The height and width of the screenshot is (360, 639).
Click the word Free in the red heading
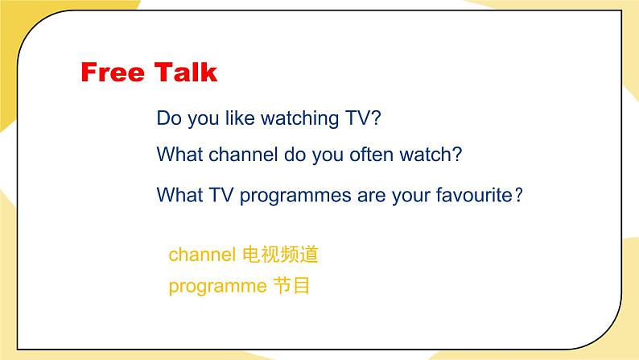(x=113, y=72)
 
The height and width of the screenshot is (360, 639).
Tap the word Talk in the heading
(x=185, y=72)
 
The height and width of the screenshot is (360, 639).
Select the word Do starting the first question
(x=169, y=118)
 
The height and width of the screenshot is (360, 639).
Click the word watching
(x=300, y=119)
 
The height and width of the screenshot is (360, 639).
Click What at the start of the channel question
(x=179, y=155)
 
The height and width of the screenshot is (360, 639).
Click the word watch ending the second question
(x=426, y=155)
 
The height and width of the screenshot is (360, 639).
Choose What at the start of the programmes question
(x=179, y=195)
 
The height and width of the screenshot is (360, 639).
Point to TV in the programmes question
(x=221, y=195)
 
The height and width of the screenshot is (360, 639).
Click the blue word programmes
(x=295, y=196)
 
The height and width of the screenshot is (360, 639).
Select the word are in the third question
(x=372, y=196)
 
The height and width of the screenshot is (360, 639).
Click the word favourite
(x=474, y=195)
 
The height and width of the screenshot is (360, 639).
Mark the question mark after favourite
(x=518, y=195)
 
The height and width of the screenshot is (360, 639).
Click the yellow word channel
(x=202, y=254)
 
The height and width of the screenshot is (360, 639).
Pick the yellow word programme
(x=217, y=287)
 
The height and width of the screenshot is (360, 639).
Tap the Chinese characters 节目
(x=291, y=285)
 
